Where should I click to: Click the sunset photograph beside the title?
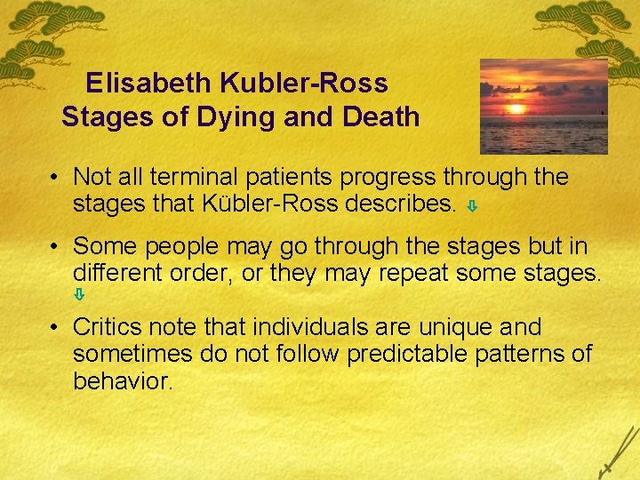543,107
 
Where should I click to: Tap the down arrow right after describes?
473,206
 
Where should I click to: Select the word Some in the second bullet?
102,245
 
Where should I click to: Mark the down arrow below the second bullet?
78,292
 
